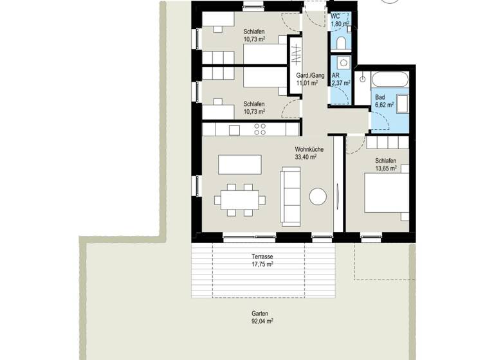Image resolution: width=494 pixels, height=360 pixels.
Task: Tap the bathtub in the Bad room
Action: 389,80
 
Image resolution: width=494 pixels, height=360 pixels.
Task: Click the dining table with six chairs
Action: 240,198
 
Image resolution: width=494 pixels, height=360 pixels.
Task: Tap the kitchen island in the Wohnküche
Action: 239,164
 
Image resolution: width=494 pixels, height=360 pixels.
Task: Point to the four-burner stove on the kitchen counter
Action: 260,129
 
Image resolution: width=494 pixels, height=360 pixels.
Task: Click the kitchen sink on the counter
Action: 234,130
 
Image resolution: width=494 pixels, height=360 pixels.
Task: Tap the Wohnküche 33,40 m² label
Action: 309,153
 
